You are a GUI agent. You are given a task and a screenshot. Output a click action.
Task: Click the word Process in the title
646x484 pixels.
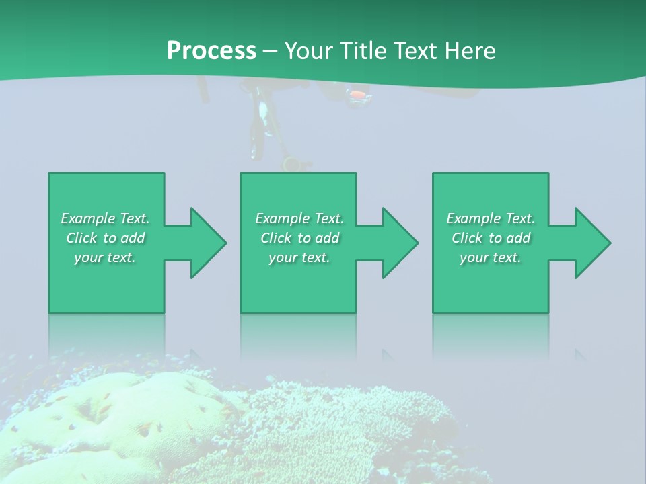click(211, 50)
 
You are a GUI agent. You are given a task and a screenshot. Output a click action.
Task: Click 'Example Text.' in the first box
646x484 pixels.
click(105, 218)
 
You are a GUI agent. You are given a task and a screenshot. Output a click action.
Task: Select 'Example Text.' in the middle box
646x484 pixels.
click(299, 218)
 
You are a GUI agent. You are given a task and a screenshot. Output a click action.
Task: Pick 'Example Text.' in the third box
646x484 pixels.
click(491, 218)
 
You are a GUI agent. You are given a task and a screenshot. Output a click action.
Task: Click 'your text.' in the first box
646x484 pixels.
click(105, 257)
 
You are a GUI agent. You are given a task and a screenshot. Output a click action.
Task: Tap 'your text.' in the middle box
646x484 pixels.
click(299, 257)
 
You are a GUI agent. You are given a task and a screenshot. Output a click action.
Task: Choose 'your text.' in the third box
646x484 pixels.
click(491, 257)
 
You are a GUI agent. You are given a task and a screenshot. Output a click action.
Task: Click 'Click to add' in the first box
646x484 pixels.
click(105, 238)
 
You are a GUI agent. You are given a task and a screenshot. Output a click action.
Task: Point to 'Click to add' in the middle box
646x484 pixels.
click(299, 238)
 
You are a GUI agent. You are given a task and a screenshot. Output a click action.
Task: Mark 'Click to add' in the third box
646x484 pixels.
click(491, 238)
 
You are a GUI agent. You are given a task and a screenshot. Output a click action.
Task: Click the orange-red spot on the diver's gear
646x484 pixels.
click(359, 95)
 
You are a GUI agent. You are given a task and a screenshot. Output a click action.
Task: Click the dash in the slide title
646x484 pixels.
click(270, 51)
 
